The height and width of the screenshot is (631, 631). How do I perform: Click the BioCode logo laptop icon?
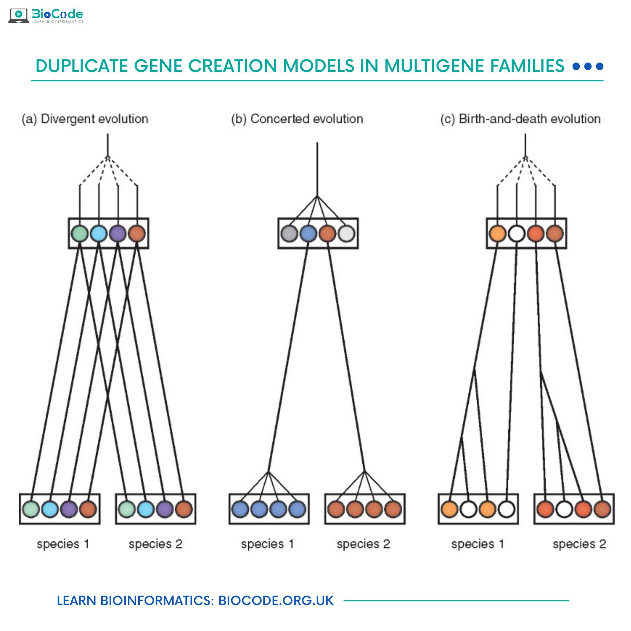point(18,15)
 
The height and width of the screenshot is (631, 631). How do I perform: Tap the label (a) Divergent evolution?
point(85,119)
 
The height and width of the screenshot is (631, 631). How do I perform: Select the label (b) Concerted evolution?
point(297,119)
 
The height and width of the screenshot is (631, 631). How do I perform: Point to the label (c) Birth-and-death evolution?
point(520,119)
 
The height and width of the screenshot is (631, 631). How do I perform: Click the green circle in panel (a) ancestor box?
point(79,234)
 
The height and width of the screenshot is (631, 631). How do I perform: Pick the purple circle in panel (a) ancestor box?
point(118,234)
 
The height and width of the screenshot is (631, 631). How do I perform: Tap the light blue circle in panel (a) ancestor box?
point(99,234)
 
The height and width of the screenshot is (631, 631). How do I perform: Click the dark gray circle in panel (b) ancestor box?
point(289,234)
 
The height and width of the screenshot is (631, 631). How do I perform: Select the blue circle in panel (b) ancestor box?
point(308,234)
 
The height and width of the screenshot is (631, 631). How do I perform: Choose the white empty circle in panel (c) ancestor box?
point(517,234)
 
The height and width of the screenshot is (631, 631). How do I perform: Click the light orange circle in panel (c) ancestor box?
point(497,234)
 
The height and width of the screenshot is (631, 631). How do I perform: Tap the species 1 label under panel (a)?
point(63,544)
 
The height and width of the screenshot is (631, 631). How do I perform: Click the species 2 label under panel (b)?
point(363,544)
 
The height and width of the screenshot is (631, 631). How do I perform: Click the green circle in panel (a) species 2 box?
point(127,509)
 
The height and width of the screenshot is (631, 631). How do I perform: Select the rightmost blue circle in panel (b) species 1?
point(297,509)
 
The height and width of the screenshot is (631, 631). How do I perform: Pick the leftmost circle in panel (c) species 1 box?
point(450,509)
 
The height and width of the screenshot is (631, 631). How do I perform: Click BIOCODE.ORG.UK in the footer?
point(276,600)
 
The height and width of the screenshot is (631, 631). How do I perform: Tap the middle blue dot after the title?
point(588,66)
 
